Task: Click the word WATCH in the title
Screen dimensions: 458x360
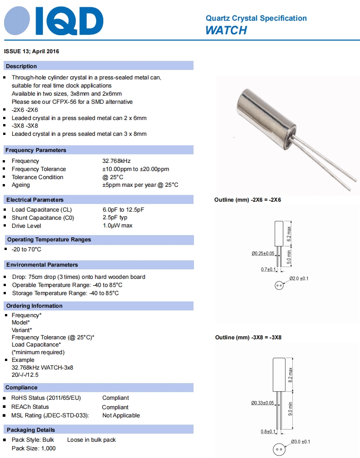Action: click(226, 30)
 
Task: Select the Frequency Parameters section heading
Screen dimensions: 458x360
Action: click(36, 150)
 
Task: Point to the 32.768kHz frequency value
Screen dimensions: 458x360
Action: click(116, 161)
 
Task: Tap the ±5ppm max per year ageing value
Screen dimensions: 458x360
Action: click(140, 185)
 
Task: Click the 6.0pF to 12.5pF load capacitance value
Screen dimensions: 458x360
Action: click(123, 210)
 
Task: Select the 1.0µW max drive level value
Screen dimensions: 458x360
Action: click(117, 226)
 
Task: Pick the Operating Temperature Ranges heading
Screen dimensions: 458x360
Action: click(49, 240)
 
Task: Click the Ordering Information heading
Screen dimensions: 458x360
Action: click(34, 306)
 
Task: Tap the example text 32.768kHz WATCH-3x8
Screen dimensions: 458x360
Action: click(42, 368)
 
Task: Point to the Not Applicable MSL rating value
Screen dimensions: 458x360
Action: click(121, 416)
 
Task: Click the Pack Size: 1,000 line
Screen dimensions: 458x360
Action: click(34, 448)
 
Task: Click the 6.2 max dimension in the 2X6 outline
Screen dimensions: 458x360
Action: click(290, 233)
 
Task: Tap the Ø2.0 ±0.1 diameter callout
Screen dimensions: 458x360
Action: click(299, 278)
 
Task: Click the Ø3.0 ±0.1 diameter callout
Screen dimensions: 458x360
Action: click(300, 441)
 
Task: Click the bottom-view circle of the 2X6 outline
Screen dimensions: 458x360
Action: click(278, 285)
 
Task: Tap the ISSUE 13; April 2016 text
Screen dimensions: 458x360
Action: click(31, 51)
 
